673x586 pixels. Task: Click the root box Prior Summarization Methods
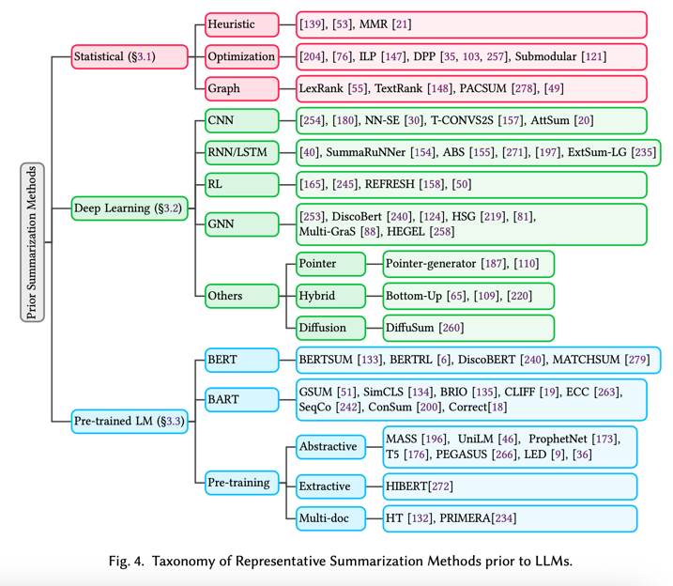tap(33, 243)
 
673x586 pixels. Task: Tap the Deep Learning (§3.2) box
tap(128, 208)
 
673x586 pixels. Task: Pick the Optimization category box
tap(242, 56)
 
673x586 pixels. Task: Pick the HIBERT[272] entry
tap(420, 486)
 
